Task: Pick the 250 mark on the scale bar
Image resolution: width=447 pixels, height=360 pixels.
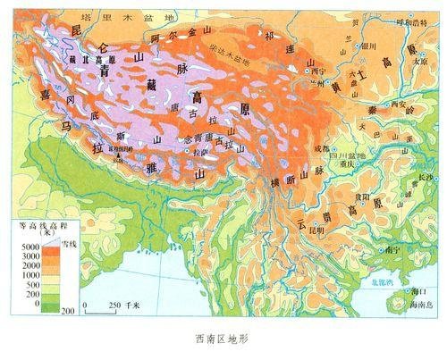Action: tap(112, 305)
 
